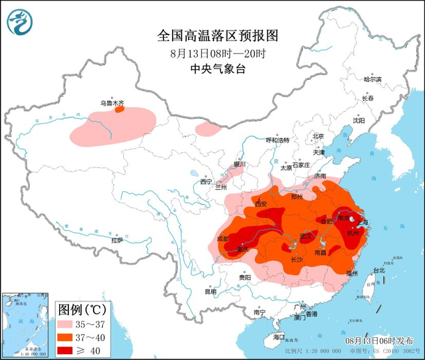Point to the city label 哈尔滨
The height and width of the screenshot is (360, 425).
372,78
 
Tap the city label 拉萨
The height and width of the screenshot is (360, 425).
117,240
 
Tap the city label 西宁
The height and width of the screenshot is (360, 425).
207,181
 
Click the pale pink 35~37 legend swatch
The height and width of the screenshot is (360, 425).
68,325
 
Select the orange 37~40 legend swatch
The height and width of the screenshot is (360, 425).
68,337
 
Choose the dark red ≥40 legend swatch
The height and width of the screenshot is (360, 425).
68,349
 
